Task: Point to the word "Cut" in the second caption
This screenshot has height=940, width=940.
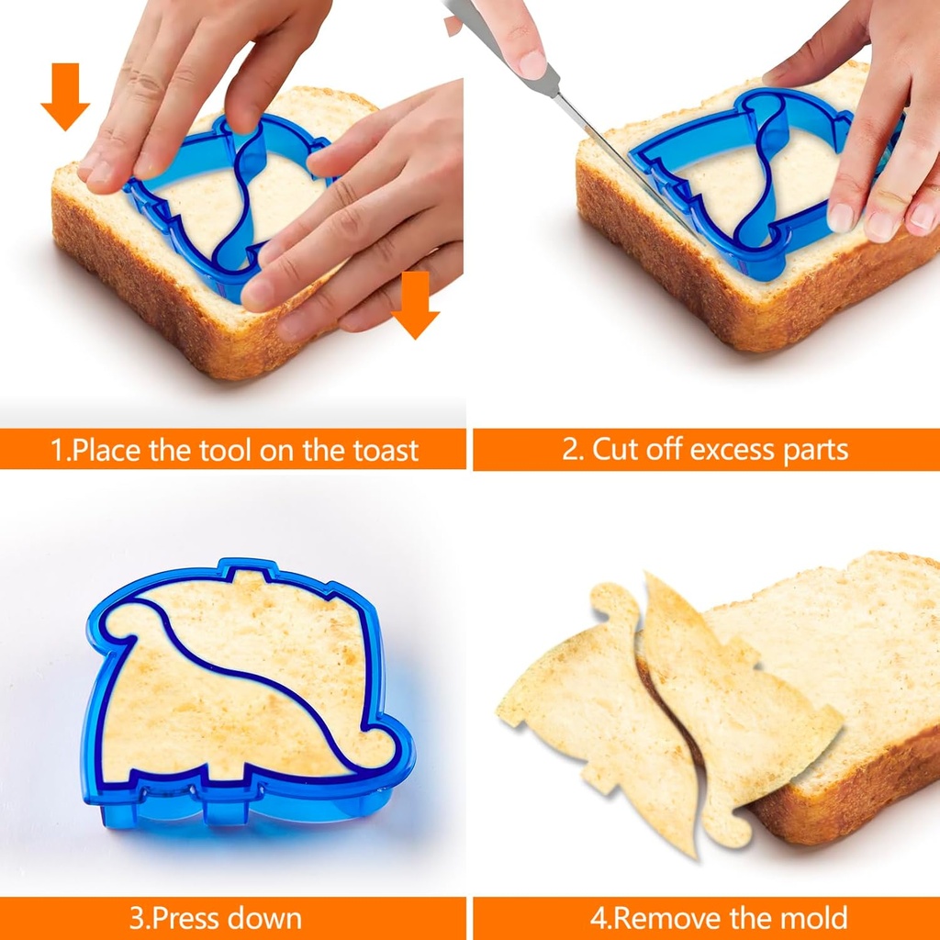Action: [x=618, y=450]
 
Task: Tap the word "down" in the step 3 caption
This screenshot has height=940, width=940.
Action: [x=263, y=918]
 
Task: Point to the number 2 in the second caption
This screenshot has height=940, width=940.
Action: [x=570, y=450]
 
